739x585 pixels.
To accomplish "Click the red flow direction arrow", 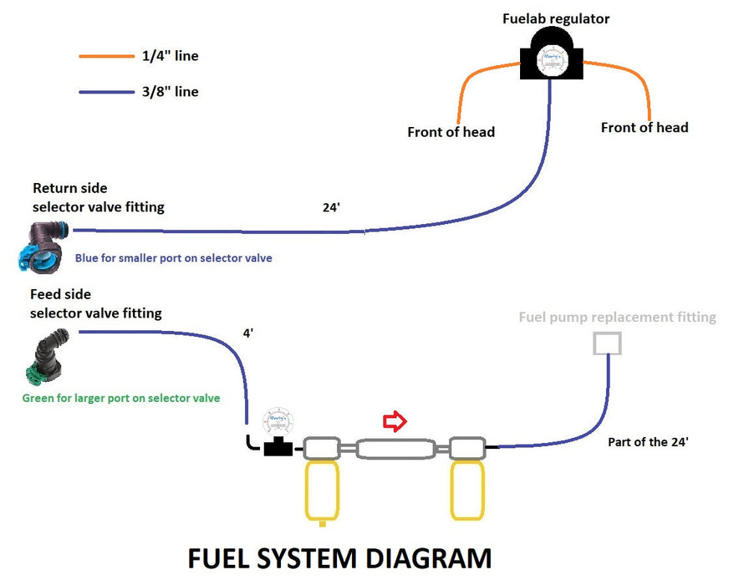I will click(x=394, y=422).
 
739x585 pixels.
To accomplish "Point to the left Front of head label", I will click(x=451, y=132).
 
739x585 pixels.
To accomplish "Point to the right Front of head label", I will click(x=644, y=128).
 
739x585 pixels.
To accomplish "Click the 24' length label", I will click(x=331, y=207).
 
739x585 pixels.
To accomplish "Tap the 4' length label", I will click(x=247, y=333).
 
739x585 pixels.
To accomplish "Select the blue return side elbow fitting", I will click(x=40, y=247).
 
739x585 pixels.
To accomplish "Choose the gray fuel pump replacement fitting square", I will click(x=607, y=343).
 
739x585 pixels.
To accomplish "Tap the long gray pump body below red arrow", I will click(x=395, y=450).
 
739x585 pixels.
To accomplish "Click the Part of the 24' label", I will click(x=648, y=442).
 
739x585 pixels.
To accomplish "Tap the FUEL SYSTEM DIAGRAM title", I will click(x=339, y=558).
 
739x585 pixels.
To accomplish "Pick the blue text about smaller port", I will click(x=173, y=258).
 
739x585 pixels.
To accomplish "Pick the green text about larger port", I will click(x=120, y=398).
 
